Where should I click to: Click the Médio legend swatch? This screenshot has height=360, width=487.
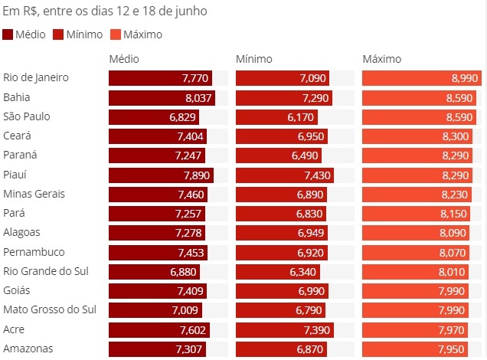(x=8, y=34)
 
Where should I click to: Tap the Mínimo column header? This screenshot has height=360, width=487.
(x=253, y=59)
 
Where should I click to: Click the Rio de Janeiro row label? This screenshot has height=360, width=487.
(x=36, y=77)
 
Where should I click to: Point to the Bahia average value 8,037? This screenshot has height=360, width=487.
(x=197, y=97)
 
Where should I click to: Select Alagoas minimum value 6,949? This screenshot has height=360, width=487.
(x=311, y=233)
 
